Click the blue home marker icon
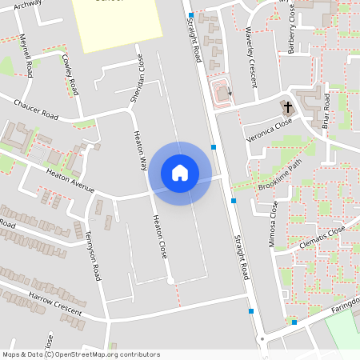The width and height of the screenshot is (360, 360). pos(180,172)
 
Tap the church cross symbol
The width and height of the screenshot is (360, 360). pos(287,106)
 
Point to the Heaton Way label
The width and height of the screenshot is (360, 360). pos(139,150)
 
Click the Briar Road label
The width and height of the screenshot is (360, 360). pos(326,110)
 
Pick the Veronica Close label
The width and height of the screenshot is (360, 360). pos(270,126)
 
